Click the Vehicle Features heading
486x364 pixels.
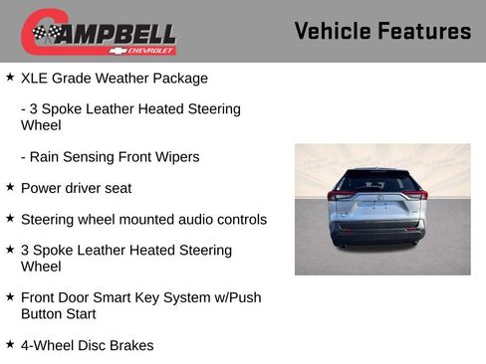point(382,31)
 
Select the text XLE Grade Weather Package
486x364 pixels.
point(115,78)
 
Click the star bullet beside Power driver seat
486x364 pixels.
point(10,186)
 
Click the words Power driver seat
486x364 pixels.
point(76,188)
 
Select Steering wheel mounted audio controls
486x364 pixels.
point(143,219)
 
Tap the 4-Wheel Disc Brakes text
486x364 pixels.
point(87,345)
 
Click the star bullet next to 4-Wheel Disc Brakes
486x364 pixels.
point(10,343)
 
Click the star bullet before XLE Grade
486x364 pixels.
point(10,76)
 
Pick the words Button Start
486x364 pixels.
point(59,313)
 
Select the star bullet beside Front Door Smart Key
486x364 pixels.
point(10,295)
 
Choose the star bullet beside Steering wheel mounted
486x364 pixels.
point(10,217)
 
